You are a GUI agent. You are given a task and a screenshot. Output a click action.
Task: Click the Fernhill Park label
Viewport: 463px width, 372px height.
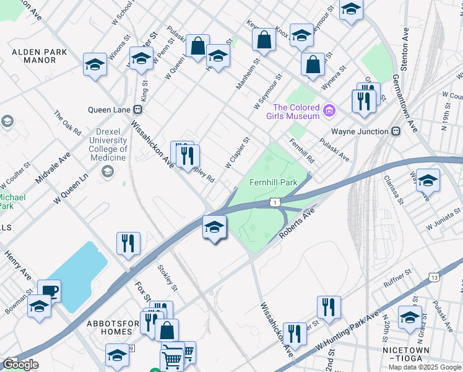click(274, 183)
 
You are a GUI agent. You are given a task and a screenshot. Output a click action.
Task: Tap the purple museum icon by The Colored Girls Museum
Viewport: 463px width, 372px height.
click(329, 112)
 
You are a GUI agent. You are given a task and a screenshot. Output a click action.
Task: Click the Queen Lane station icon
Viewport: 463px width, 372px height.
click(138, 110)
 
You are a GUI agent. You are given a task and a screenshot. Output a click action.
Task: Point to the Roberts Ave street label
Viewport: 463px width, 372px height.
click(297, 224)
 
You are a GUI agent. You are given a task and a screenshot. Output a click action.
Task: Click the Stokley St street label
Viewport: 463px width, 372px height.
click(168, 278)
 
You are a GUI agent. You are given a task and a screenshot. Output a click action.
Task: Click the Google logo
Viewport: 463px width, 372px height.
click(20, 365)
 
